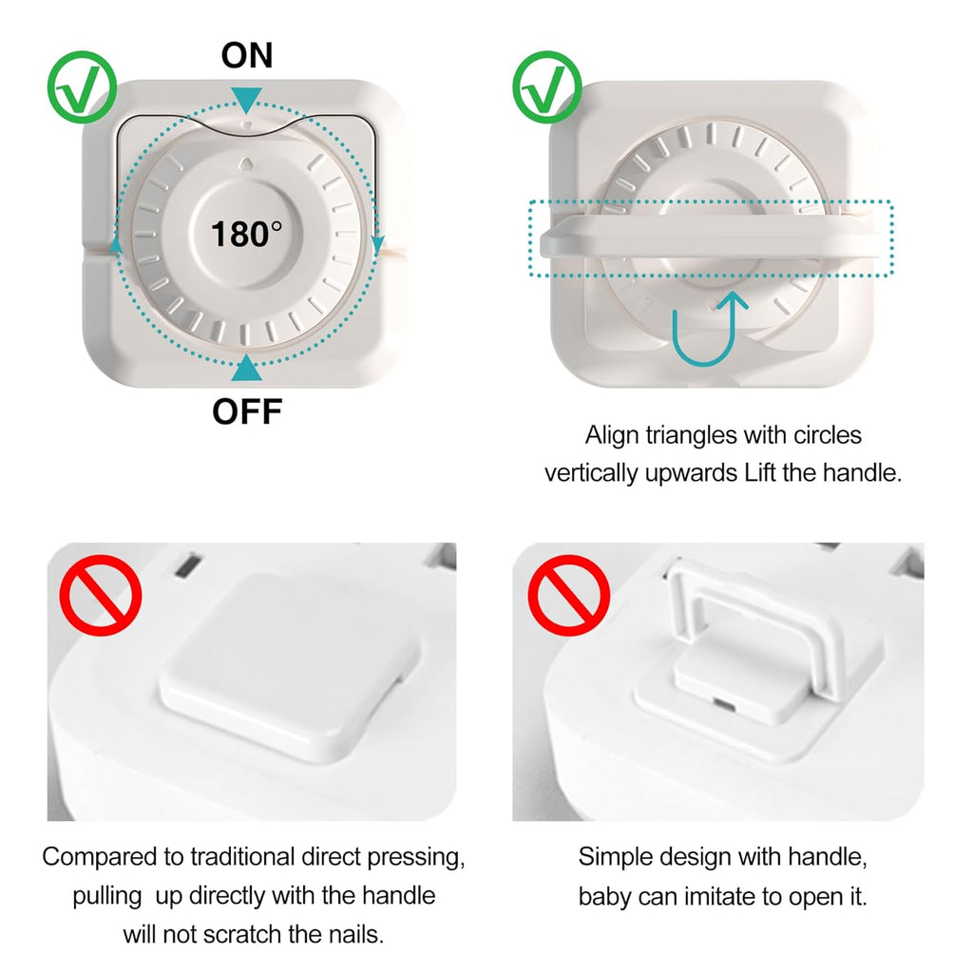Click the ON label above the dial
pos(246,56)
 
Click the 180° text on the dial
pos(246,233)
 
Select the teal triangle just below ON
pos(247,98)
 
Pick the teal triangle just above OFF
pos(247,367)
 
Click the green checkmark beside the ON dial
pos(82,88)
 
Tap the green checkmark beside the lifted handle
pos(547,88)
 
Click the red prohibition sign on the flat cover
pos(101,596)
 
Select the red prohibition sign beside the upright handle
pos(567,596)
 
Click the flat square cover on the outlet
pos(290,646)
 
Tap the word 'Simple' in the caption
pos(615,857)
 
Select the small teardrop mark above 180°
pos(246,162)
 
